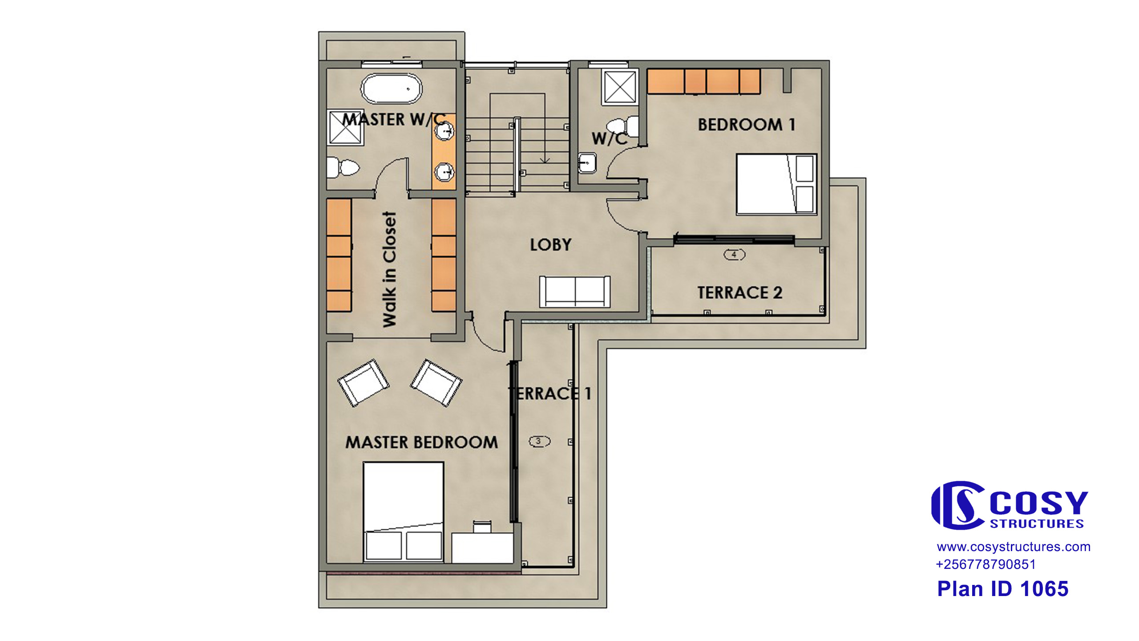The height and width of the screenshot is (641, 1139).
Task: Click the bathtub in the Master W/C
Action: (x=391, y=89)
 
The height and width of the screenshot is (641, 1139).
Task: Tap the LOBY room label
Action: (x=550, y=245)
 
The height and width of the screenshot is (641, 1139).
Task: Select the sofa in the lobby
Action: (x=575, y=292)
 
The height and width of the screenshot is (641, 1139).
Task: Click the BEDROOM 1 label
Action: (x=746, y=125)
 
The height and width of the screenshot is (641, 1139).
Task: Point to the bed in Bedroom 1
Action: (x=776, y=184)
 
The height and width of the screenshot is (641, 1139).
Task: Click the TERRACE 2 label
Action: (x=739, y=292)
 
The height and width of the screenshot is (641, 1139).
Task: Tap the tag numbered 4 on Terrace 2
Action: (x=734, y=255)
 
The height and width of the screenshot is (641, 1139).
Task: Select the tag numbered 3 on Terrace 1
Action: (x=539, y=441)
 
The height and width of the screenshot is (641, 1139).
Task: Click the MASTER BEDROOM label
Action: (x=421, y=442)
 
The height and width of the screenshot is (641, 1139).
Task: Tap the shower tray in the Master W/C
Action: (x=346, y=127)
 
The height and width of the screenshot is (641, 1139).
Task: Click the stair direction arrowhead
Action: (x=545, y=160)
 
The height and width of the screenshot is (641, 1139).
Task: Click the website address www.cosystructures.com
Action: (x=1014, y=547)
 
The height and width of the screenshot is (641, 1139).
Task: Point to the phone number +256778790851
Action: (x=986, y=564)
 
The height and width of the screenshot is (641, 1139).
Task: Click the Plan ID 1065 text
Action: (x=1003, y=589)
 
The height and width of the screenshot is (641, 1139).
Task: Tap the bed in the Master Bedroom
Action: (x=403, y=512)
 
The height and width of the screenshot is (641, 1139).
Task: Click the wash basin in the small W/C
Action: (x=587, y=163)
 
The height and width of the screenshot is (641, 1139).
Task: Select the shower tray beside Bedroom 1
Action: (x=620, y=87)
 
